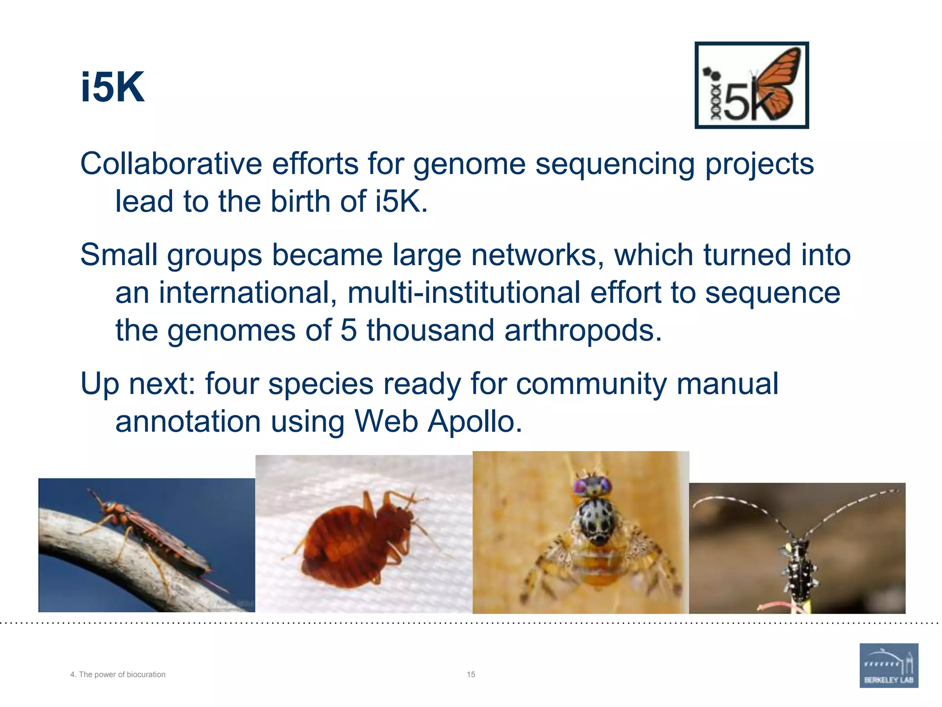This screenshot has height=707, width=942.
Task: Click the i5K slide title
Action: [112, 87]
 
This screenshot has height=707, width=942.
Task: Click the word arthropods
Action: [582, 330]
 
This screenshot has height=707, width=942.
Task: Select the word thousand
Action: [430, 330]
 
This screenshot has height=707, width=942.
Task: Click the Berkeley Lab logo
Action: [889, 665]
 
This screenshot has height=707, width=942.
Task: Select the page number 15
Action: [471, 674]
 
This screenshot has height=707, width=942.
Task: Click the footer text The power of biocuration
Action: [122, 674]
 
